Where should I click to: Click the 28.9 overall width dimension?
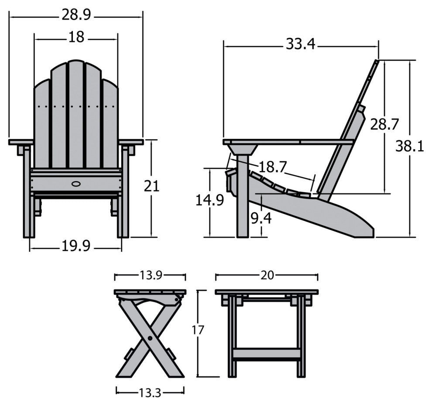76,15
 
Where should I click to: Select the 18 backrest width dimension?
76,38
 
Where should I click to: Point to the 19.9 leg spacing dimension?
75,247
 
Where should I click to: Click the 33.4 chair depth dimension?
301,44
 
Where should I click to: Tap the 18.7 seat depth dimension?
273,166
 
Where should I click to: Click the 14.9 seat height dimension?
210,200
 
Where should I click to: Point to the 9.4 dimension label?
261,217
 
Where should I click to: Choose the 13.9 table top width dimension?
151,275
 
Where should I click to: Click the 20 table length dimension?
267,275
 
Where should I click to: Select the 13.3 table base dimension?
150,393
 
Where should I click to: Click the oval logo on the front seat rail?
76,183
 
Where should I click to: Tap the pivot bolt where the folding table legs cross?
150,337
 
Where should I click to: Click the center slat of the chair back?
76,114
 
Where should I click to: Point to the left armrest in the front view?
21,142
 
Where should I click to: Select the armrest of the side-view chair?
288,142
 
